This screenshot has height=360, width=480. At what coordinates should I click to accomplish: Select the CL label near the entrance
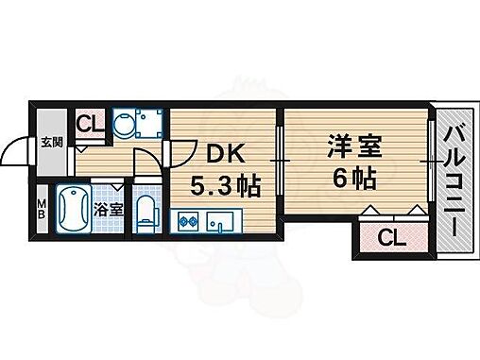89,122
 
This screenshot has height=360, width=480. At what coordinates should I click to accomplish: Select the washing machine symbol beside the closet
127,122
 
